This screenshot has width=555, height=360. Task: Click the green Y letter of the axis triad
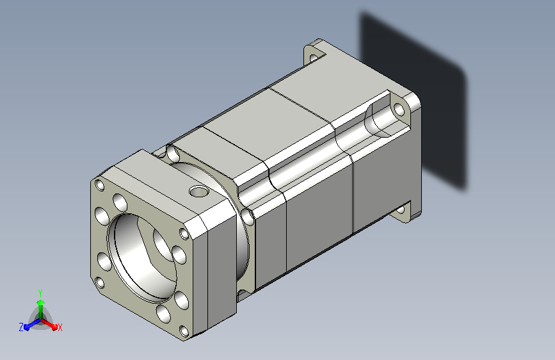(x=40, y=293)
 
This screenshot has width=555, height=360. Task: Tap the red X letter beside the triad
(x=60, y=327)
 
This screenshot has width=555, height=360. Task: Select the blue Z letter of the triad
(x=21, y=327)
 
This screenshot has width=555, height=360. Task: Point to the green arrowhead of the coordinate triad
(x=41, y=302)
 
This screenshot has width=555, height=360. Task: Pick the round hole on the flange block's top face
(x=199, y=192)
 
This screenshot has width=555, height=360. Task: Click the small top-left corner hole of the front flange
(x=100, y=185)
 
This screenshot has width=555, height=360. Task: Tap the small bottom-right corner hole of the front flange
(x=184, y=331)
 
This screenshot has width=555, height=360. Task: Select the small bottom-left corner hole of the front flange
(x=100, y=282)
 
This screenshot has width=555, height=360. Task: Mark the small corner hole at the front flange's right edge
(x=184, y=234)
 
